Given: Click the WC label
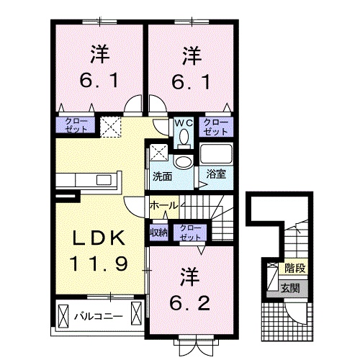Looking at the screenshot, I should point(182,122).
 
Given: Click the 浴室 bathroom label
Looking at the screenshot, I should point(215,174).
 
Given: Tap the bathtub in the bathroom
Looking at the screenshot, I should point(216,154).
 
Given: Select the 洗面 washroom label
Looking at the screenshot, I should point(161,175).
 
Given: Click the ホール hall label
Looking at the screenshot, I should point(163,206).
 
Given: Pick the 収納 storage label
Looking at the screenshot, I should point(158,232).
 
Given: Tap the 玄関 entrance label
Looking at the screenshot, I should point(292,289).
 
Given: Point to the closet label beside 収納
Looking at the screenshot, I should point(191,232).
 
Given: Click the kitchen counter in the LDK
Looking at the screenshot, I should point(90,180).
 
